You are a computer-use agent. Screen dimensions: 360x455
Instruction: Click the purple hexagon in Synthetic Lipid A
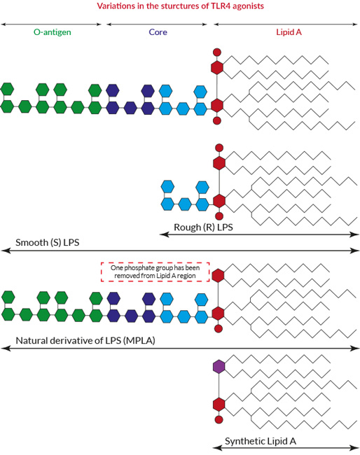point(219,367)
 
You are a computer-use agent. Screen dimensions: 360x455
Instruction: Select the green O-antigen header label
point(53,32)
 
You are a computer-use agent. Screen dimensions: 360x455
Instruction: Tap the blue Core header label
point(158,32)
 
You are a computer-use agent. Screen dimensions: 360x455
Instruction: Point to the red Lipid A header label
point(289,32)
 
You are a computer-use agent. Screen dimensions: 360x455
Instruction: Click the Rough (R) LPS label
point(203,227)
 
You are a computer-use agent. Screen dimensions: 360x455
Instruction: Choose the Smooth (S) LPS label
point(48,242)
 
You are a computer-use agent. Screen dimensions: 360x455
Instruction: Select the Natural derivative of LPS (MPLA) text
point(85,340)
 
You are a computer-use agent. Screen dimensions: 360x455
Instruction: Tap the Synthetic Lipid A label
point(261,441)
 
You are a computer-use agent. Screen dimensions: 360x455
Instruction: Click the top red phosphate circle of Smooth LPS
point(217,52)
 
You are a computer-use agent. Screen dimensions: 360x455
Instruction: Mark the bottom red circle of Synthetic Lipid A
point(219,419)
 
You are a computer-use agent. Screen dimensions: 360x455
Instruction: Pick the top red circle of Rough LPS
point(219,148)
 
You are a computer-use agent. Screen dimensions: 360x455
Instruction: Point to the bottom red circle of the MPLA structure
point(219,328)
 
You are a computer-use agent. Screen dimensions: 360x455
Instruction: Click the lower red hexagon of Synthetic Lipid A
point(219,404)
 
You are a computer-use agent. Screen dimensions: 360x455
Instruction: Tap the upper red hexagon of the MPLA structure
point(218,275)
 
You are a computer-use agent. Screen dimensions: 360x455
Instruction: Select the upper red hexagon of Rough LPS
point(219,163)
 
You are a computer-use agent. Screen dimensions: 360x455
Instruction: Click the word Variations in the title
point(112,6)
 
